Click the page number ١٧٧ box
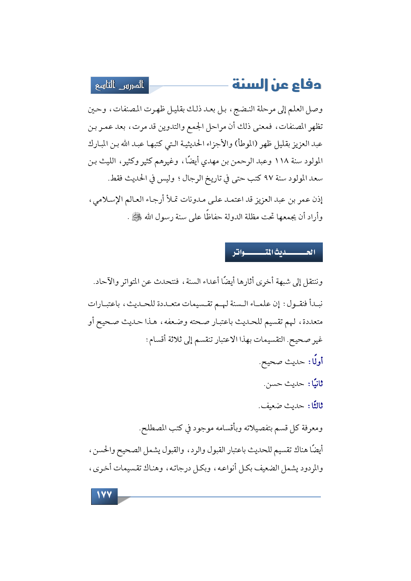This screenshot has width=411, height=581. click(x=104, y=496)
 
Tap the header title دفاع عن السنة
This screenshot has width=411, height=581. click(x=276, y=85)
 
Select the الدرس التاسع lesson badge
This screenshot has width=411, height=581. click(x=120, y=85)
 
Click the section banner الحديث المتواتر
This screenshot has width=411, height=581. click(x=274, y=252)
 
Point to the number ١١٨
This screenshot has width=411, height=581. click(x=283, y=161)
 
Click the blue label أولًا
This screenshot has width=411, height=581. click(x=316, y=362)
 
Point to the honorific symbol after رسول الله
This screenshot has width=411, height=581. click(x=136, y=217)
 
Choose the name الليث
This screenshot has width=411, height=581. click(x=108, y=161)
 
